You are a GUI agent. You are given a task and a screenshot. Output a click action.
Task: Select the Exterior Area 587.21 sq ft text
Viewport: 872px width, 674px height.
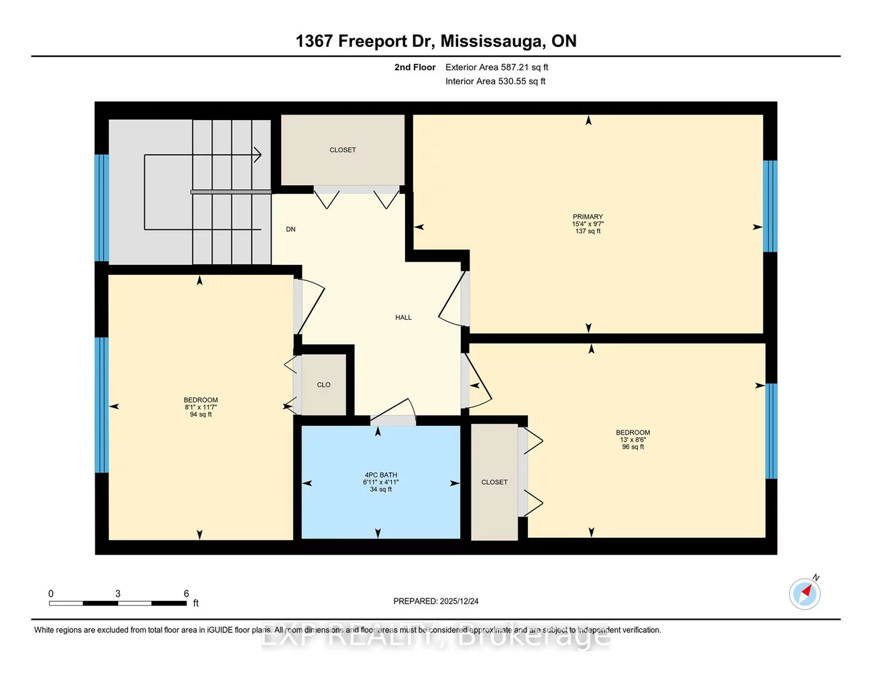[x=496, y=67]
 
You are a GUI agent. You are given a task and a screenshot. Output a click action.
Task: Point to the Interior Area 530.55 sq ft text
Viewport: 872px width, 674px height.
[x=495, y=81]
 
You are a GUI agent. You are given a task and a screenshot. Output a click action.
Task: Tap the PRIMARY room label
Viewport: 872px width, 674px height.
[x=588, y=217]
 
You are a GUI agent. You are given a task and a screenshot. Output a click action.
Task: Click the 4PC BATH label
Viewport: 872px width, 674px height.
[x=380, y=475]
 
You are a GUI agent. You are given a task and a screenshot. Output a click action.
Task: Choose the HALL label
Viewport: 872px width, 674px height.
[x=403, y=317]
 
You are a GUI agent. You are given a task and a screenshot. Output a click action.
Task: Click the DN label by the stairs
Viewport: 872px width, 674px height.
[x=290, y=229]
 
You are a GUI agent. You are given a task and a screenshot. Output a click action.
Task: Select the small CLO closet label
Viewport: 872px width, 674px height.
[x=323, y=385]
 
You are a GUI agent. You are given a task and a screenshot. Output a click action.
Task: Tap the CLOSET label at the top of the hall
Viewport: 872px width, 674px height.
[x=342, y=150]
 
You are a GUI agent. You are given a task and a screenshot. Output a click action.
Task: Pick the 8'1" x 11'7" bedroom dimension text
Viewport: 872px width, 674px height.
[x=201, y=407]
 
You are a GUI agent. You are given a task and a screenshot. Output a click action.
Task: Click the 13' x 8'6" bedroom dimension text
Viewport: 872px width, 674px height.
[x=633, y=440]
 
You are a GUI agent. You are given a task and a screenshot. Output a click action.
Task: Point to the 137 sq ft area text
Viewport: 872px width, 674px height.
[x=588, y=231]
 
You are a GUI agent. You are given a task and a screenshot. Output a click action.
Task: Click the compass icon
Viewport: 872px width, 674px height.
[x=805, y=594]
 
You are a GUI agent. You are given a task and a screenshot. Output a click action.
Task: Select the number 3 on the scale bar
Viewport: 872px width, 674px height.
[x=118, y=594]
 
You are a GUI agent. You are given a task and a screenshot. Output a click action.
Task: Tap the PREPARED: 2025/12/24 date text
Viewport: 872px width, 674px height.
[x=436, y=602]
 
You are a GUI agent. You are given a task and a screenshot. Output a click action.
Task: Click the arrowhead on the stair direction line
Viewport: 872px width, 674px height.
[x=258, y=155]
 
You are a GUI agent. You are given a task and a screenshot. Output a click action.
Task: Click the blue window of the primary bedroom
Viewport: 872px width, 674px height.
[x=771, y=206]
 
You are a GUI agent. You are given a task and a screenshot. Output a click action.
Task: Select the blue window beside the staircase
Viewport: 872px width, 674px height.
[x=101, y=207]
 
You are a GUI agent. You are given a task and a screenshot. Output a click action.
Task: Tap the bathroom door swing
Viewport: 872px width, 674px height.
[x=396, y=410]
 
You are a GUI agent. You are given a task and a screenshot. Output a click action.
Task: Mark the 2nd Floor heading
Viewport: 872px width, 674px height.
[x=415, y=67]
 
